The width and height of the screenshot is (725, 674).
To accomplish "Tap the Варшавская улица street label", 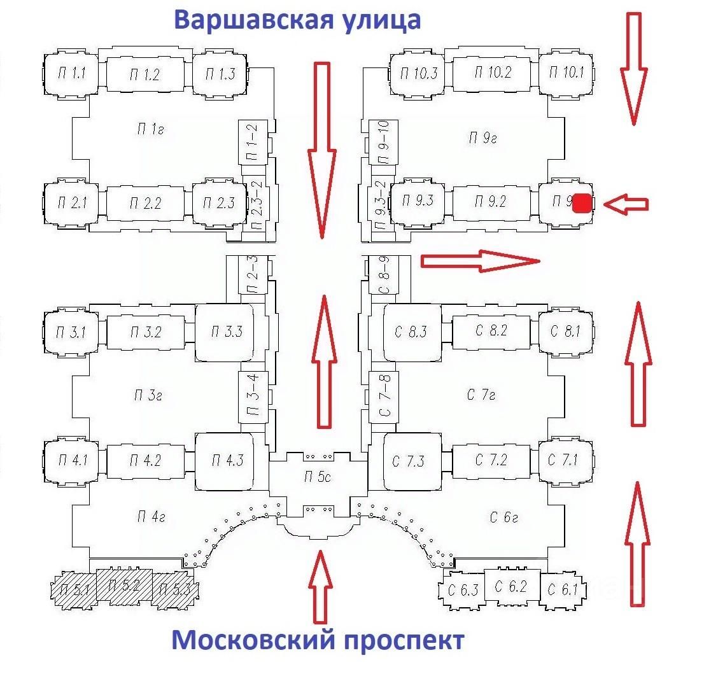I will (x=297, y=19).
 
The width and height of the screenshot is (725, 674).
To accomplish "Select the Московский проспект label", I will (x=318, y=640).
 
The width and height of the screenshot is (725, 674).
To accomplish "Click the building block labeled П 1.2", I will (x=148, y=74).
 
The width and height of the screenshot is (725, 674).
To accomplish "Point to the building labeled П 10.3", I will (x=418, y=72).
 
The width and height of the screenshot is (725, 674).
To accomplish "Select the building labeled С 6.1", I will (x=562, y=589).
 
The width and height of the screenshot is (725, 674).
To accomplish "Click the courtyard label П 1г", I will (x=151, y=130).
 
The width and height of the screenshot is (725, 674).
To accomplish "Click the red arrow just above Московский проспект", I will (x=320, y=586).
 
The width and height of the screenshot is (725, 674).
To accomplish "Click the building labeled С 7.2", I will (x=491, y=460).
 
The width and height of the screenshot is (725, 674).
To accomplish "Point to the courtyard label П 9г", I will (x=482, y=137).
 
